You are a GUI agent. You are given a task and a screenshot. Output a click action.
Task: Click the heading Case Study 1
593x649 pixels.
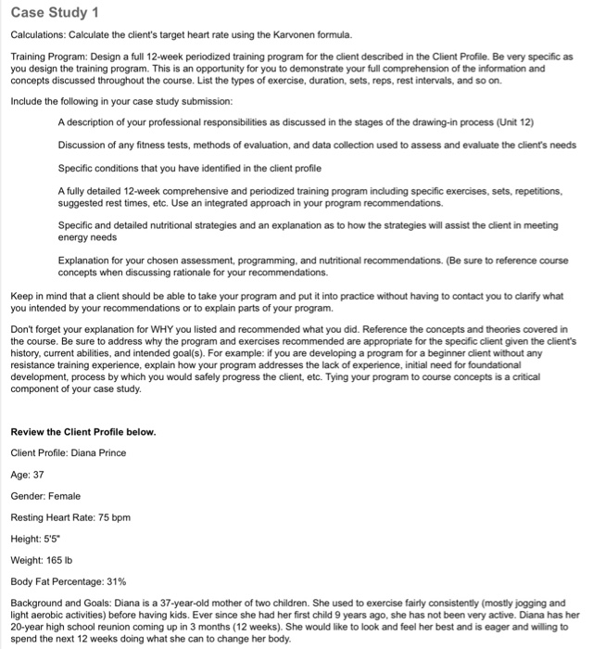point(53,12)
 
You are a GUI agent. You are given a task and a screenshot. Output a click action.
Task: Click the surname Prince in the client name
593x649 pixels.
point(107,452)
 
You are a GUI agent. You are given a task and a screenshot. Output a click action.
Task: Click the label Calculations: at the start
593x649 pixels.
point(37,34)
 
